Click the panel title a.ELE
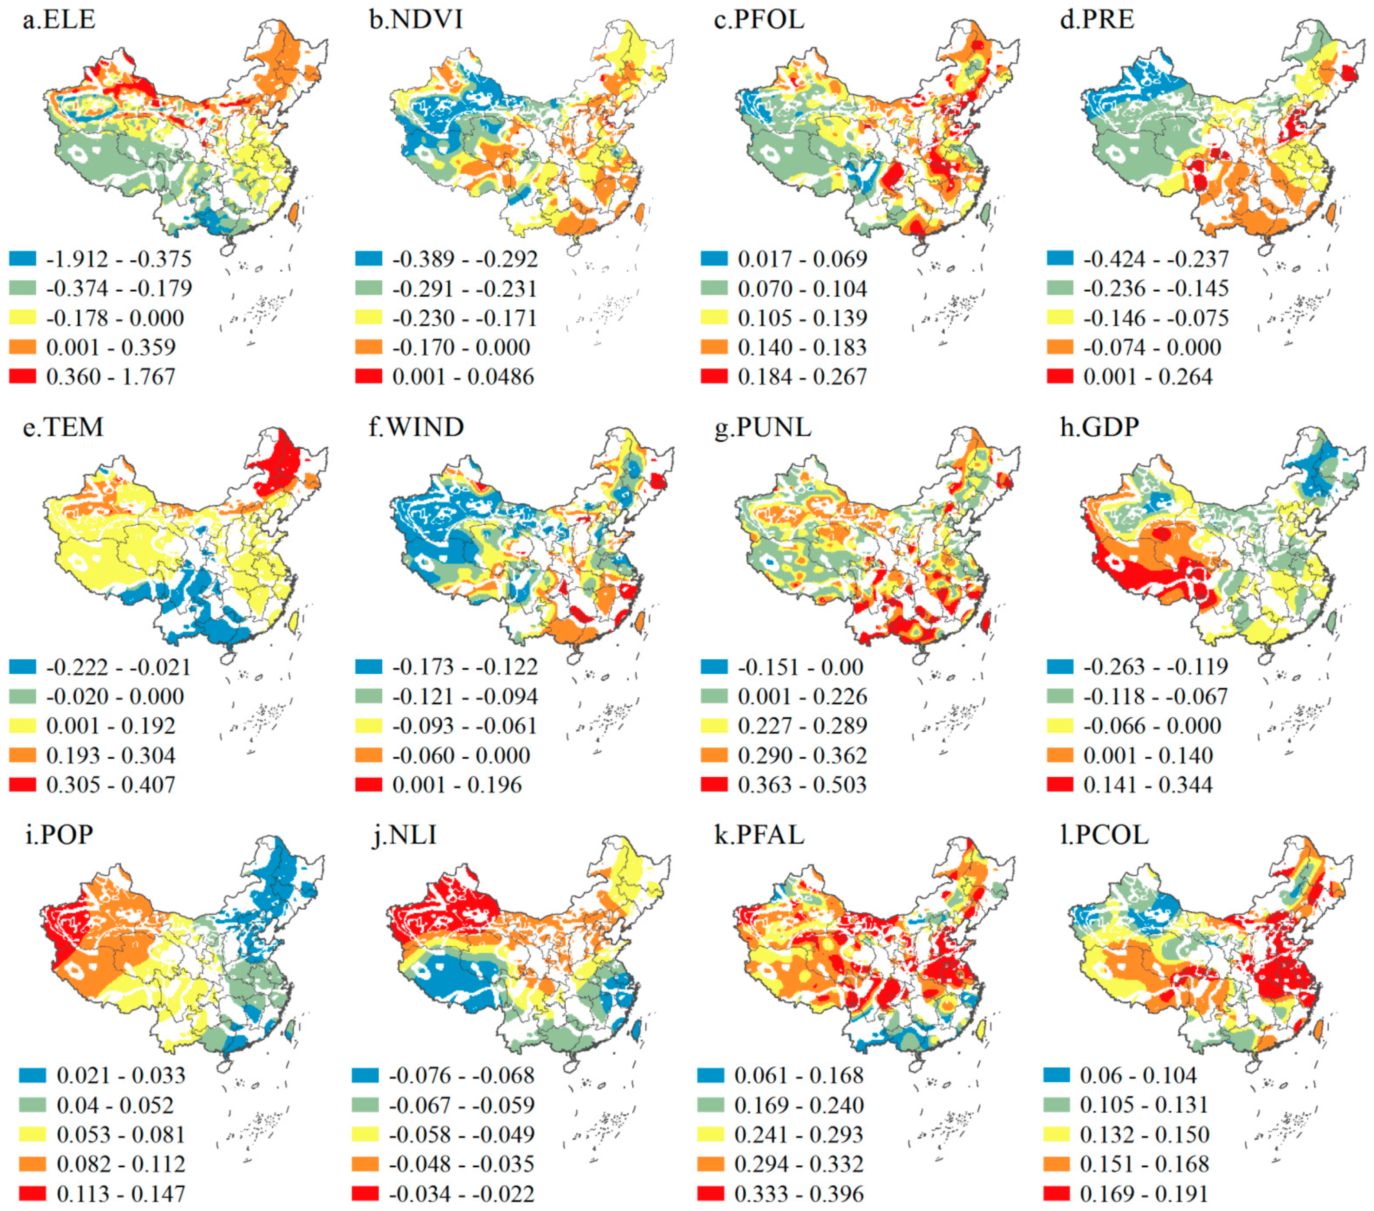point(59,19)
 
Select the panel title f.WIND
point(416,427)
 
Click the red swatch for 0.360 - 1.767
point(22,376)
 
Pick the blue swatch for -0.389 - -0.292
point(368,258)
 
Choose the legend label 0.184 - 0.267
point(802,377)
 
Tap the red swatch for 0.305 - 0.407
point(22,784)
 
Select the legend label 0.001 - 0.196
point(457,785)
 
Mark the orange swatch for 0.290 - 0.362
point(714,754)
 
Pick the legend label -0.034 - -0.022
point(461,1194)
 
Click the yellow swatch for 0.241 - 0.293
point(710,1134)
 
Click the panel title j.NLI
point(405,834)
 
